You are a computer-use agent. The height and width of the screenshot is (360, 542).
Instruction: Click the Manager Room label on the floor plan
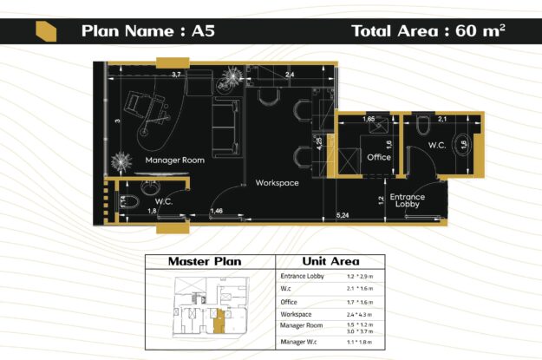174,160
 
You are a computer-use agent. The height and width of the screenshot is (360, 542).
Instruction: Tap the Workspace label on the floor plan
277,183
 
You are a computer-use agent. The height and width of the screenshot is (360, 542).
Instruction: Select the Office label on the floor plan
378,158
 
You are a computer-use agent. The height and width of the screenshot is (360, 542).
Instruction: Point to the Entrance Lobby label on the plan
406,200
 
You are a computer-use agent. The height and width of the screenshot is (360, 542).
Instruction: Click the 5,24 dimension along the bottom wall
343,214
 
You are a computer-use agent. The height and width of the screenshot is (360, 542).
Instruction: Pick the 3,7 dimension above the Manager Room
176,75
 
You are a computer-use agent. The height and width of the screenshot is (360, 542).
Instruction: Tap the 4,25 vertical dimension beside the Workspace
320,144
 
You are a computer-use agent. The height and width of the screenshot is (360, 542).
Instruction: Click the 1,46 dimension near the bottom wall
217,211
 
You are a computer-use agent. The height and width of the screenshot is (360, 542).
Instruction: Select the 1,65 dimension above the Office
368,118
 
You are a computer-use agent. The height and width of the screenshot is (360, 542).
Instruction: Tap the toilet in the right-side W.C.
422,128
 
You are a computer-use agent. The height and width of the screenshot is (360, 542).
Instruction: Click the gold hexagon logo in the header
46,31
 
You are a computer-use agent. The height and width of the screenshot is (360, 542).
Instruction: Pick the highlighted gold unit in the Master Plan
219,320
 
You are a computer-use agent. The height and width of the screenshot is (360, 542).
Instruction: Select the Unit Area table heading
330,261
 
